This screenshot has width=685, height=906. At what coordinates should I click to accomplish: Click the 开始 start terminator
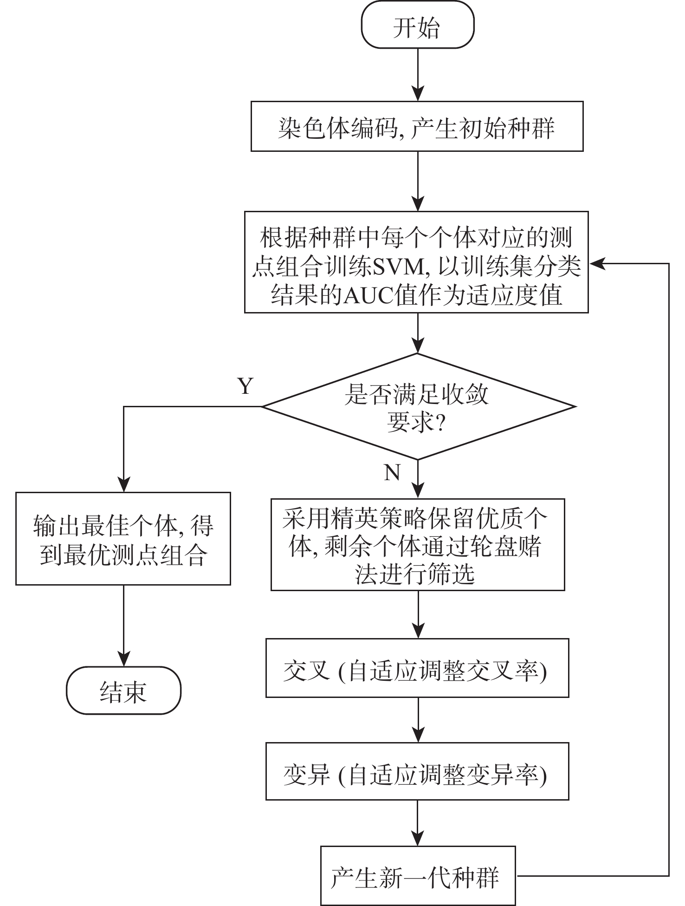pos(417,27)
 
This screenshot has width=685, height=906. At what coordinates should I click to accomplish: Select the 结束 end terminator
pos(123,690)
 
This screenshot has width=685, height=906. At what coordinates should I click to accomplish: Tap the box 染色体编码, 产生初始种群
pos(417,127)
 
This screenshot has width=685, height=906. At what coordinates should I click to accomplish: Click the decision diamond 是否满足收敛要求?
pos(418,407)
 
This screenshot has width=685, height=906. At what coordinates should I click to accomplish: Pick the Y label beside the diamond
pos(246,386)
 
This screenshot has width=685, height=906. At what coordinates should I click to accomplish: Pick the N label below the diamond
pos(392,472)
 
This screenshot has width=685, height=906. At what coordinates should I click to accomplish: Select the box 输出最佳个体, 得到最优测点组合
pos(123,539)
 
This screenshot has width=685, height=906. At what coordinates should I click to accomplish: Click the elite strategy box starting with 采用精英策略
pos(418,545)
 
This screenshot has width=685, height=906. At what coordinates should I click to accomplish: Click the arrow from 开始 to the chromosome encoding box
pos(418,74)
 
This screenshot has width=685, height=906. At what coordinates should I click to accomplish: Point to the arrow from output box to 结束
pos(123,625)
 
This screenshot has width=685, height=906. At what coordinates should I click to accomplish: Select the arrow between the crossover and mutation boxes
pos(418,720)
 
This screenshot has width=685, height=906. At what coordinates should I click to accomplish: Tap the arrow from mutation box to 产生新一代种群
pos(418,823)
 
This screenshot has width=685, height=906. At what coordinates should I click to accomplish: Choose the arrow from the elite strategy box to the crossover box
pos(418,614)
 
